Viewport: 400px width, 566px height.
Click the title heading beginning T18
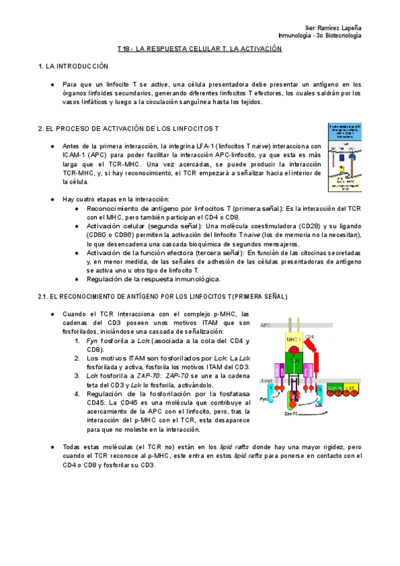coord(200,49)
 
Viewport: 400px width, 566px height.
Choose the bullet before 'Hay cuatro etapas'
coord(53,199)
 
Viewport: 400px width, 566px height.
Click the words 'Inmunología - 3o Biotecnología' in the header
coord(320,35)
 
